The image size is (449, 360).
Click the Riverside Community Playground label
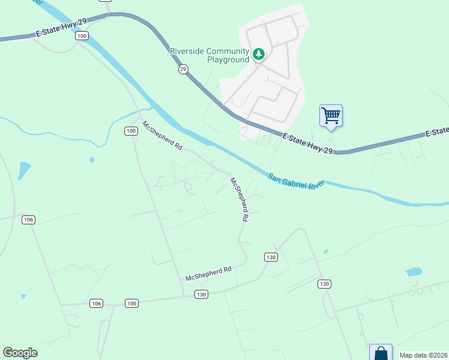pyautogui.click(x=210, y=55)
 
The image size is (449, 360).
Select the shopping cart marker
pyautogui.click(x=331, y=115)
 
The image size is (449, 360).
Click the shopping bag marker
pyautogui.click(x=381, y=353)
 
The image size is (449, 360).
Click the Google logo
pyautogui.click(x=20, y=352)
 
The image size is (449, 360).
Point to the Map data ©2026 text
pyautogui.click(x=423, y=355)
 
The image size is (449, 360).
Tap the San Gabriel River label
pyautogui.click(x=296, y=181)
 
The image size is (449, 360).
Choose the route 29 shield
pyautogui.click(x=183, y=70)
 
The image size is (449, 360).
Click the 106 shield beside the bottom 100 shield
pyautogui.click(x=96, y=304)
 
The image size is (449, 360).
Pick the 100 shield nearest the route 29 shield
pyautogui.click(x=82, y=37)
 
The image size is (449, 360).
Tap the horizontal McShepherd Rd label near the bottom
pyautogui.click(x=208, y=274)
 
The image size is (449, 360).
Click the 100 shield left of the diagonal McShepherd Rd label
pyautogui.click(x=131, y=131)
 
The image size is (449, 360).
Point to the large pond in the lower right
pyautogui.click(x=414, y=272)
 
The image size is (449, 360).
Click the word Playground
pyautogui.click(x=228, y=59)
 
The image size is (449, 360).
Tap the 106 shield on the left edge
pyautogui.click(x=28, y=220)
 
